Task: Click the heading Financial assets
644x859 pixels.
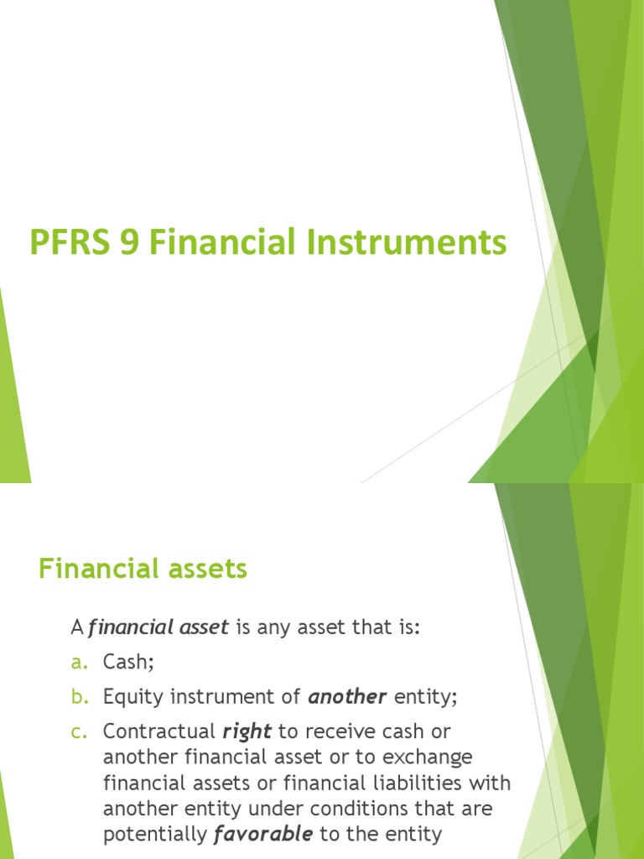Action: [x=143, y=569]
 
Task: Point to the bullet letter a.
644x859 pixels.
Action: [x=79, y=662]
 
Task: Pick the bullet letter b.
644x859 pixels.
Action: [x=79, y=696]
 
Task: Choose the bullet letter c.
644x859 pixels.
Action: [x=79, y=731]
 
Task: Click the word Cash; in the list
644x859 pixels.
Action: [x=129, y=662]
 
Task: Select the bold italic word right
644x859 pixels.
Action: [x=247, y=731]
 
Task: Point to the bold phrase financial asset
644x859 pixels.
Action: [x=158, y=627]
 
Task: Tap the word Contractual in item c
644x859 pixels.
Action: [x=158, y=731]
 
